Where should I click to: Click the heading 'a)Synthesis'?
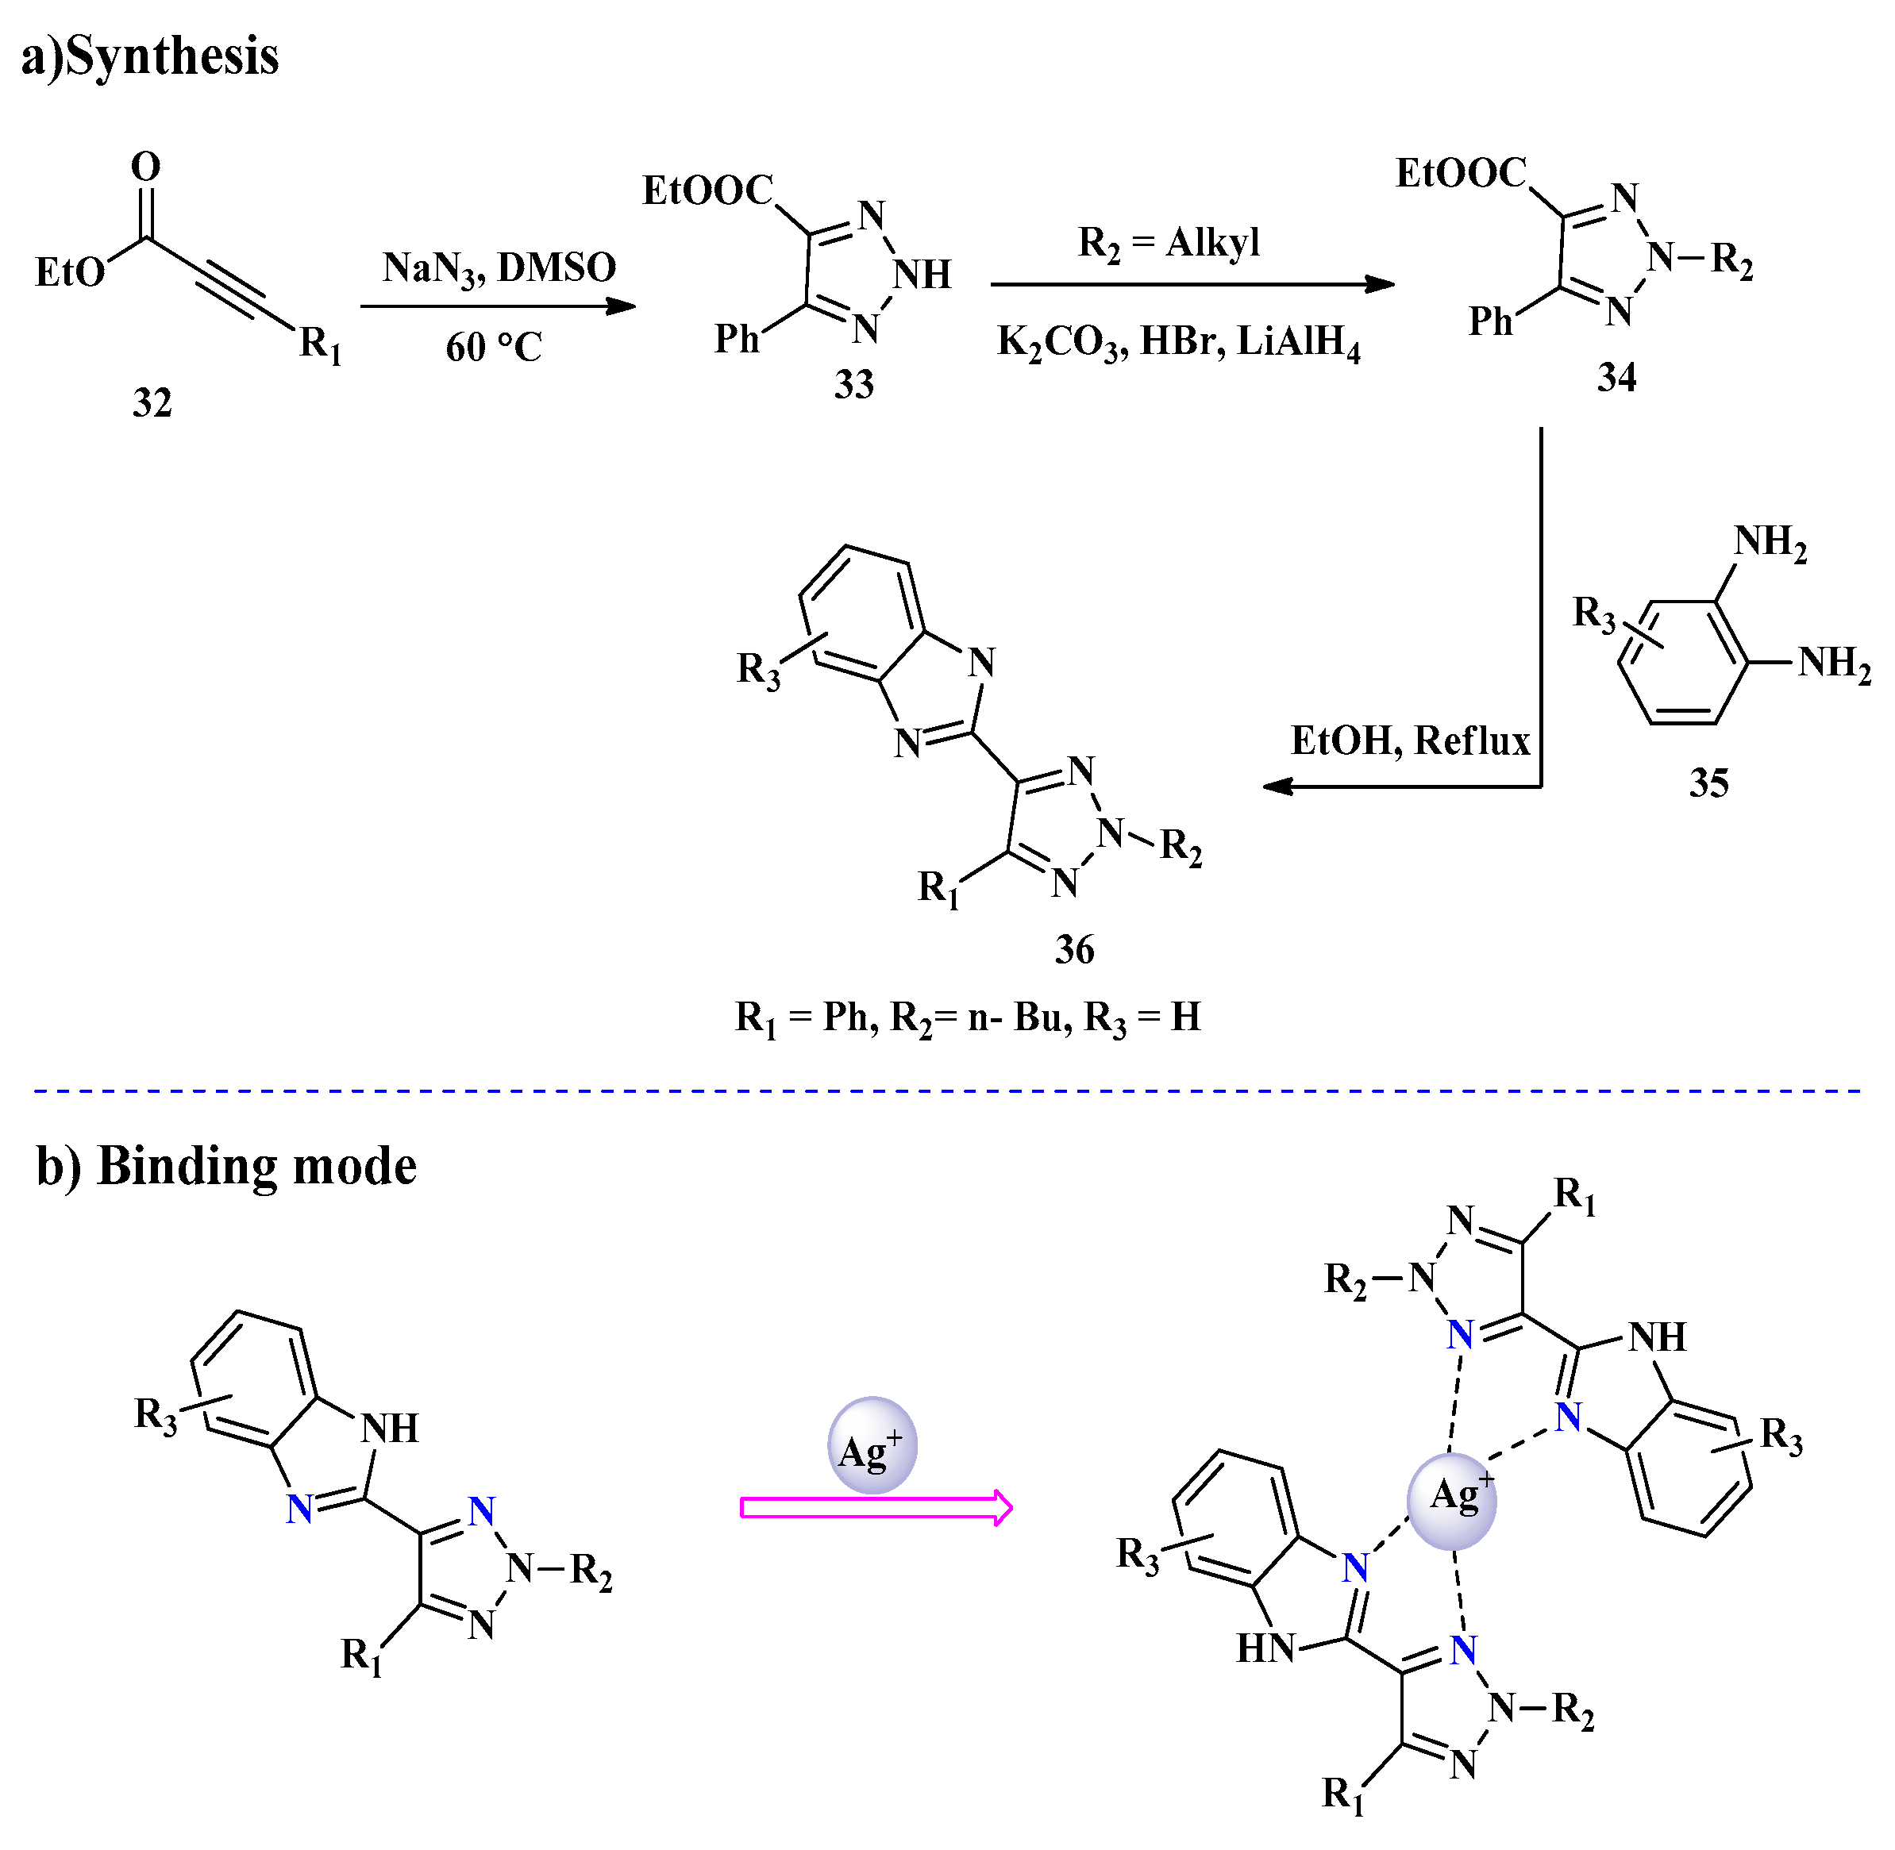tap(150, 56)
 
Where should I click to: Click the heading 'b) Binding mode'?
tap(225, 1166)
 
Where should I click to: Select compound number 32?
tap(152, 402)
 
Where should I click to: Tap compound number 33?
tap(853, 385)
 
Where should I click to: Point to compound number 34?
tap(1616, 377)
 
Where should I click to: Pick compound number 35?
tap(1708, 783)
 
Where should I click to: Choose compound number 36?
tap(1074, 949)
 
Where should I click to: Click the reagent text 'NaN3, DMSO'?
tap(499, 268)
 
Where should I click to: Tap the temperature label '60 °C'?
tap(494, 347)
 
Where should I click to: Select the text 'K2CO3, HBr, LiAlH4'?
tap(1178, 342)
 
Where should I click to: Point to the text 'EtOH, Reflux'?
tap(1409, 741)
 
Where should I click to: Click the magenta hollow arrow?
tap(876, 1508)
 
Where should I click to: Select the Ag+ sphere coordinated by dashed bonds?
tap(1451, 1501)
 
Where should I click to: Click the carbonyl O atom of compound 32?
tap(146, 167)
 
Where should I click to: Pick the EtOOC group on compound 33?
tap(707, 190)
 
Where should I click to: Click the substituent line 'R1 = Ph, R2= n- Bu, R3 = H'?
tap(967, 1018)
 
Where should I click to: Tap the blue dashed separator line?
tap(948, 1091)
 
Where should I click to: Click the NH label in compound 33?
tap(921, 275)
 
